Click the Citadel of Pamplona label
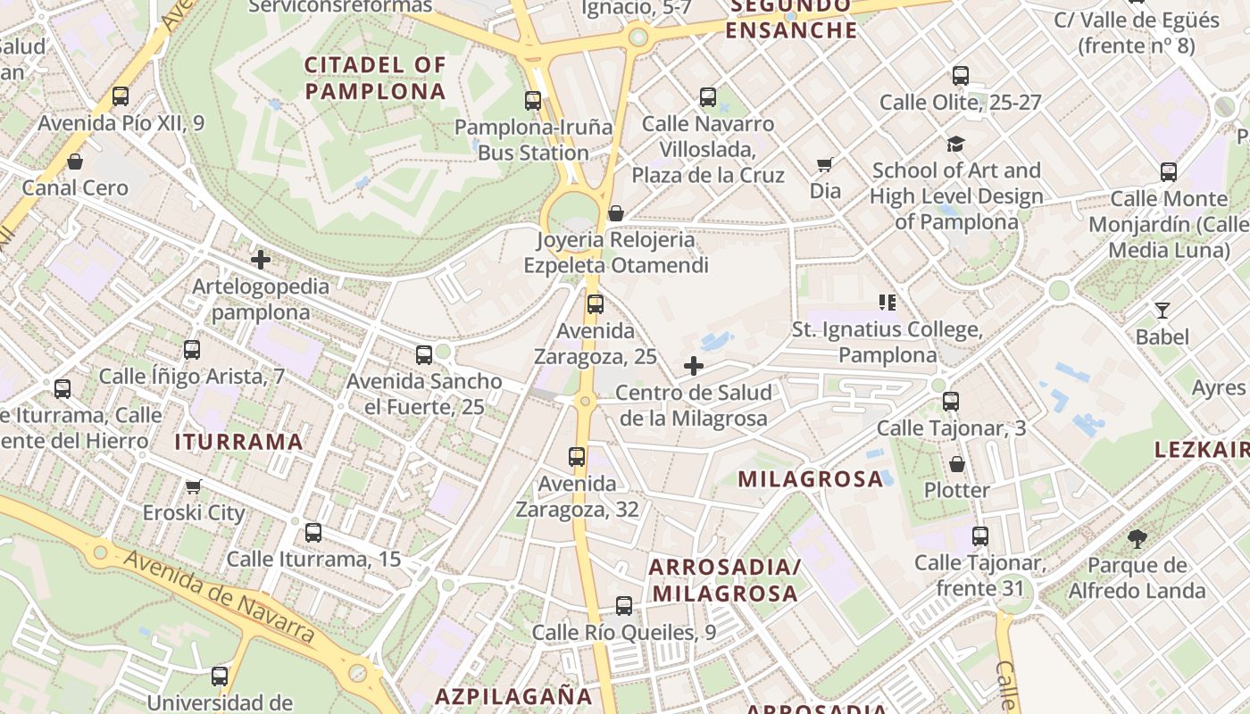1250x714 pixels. pos(375,78)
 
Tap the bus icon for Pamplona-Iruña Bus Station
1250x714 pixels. pos(533,101)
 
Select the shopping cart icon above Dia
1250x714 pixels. pos(825,164)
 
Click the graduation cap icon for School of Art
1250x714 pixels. pos(956,144)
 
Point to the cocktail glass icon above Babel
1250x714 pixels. pos(1162,311)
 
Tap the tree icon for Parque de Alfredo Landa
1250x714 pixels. pos(1137,538)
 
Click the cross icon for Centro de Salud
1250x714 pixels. pos(694,366)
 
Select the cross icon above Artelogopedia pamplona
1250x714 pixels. pos(261,260)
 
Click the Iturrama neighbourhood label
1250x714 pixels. pos(238,442)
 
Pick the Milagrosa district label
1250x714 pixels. pos(810,479)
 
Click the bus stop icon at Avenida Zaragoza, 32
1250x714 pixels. pos(577,457)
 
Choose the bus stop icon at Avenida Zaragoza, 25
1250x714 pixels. pos(596,304)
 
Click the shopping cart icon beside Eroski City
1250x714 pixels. pos(193,486)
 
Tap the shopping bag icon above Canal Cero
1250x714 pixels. pos(75,162)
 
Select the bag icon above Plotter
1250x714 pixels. pos(956,464)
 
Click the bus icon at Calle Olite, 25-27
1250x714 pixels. pos(961,76)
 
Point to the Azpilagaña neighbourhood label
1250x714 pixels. pos(513,696)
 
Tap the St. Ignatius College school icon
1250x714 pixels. pos(887,303)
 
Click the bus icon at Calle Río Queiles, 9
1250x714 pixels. pos(624,606)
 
